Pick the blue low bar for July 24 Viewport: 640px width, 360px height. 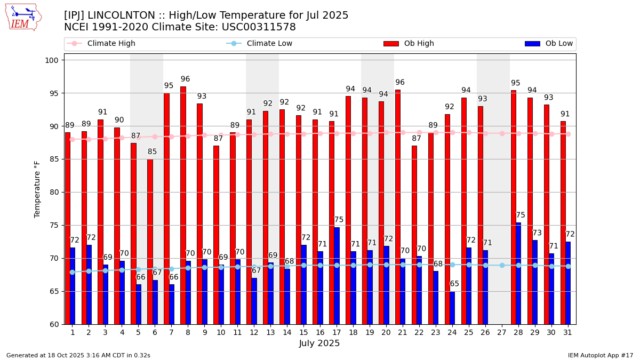click(x=452, y=308)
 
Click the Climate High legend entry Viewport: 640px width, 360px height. click(x=105, y=44)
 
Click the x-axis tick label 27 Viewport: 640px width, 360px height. click(x=502, y=332)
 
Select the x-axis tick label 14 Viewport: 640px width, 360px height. click(x=287, y=332)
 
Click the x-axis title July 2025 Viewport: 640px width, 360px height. click(x=319, y=343)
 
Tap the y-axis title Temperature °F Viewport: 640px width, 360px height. click(x=37, y=189)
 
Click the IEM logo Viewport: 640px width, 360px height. click(x=23, y=17)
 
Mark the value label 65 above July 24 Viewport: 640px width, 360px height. click(x=454, y=284)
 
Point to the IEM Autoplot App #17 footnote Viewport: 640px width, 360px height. click(x=601, y=355)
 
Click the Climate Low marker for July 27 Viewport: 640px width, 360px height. click(x=502, y=265)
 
